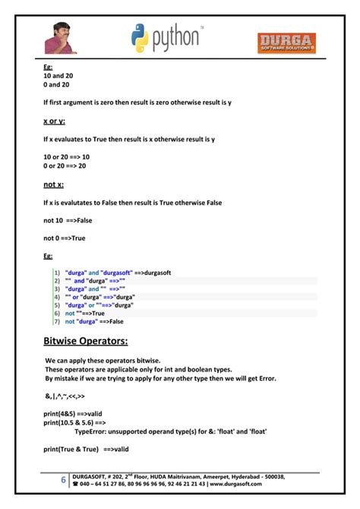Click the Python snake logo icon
pyautogui.click(x=140, y=37)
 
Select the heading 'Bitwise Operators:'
pyautogui.click(x=85, y=340)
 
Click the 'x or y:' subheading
pyautogui.click(x=54, y=121)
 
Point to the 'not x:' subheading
pyautogui.click(x=53, y=184)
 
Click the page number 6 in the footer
pyautogui.click(x=63, y=480)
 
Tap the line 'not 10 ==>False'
pyautogui.click(x=68, y=220)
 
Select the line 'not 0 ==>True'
pyautogui.click(x=65, y=238)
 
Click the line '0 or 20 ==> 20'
pyautogui.click(x=65, y=166)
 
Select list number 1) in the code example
pyautogui.click(x=57, y=271)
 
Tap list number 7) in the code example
pyautogui.click(x=57, y=321)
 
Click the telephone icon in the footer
pyautogui.click(x=74, y=483)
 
